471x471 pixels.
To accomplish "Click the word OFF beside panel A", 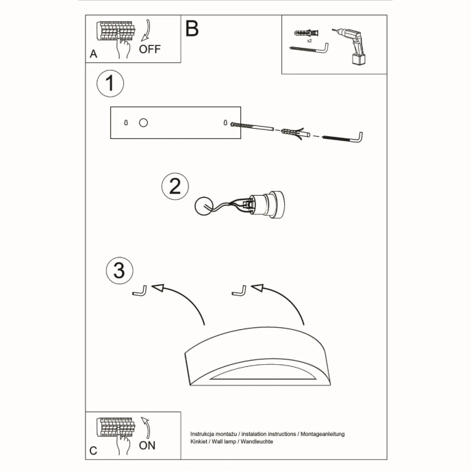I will pyautogui.click(x=149, y=49).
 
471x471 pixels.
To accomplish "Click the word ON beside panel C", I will pyautogui.click(x=147, y=445).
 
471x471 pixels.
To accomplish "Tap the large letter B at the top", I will pyautogui.click(x=192, y=29).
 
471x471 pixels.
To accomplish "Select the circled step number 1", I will pyautogui.click(x=110, y=85).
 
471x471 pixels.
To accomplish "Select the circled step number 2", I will pyautogui.click(x=175, y=187).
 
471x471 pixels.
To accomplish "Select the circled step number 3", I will pyautogui.click(x=119, y=270).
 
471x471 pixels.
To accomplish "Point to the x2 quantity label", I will pyautogui.click(x=309, y=41).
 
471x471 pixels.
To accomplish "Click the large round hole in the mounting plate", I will pyautogui.click(x=143, y=123).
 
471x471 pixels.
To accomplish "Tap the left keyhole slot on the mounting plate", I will pyautogui.click(x=127, y=123).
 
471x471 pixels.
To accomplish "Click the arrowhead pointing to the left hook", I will pyautogui.click(x=158, y=288).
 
